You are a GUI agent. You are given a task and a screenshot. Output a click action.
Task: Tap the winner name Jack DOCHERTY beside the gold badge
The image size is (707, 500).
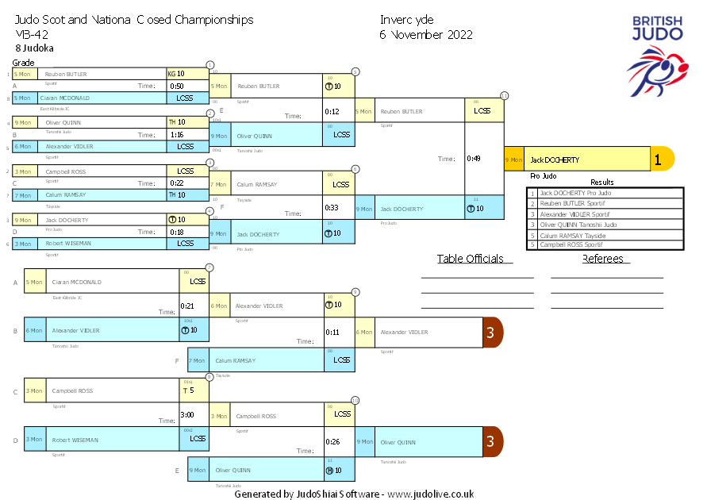point(555,160)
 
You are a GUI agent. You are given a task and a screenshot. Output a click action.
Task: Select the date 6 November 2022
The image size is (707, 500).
point(425,35)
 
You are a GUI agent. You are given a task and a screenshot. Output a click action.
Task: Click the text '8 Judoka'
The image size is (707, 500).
point(34,48)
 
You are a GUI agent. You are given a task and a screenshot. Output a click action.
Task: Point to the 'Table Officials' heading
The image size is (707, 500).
point(470,259)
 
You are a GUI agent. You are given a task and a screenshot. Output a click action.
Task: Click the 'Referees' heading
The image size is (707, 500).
point(606,259)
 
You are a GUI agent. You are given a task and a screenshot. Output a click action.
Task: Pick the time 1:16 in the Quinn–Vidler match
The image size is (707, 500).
point(177,135)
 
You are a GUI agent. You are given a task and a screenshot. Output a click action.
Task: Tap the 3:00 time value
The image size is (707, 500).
point(187,414)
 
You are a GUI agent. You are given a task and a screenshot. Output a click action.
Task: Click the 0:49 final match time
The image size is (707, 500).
point(474,159)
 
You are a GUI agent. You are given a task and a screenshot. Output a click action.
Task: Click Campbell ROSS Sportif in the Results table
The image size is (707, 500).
point(571,245)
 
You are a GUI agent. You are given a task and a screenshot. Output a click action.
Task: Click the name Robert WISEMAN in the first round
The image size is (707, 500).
point(67,244)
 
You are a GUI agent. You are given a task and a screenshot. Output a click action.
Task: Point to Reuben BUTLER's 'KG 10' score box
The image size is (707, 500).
point(176,74)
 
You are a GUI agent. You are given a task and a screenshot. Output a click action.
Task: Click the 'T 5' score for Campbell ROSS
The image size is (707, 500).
point(189,390)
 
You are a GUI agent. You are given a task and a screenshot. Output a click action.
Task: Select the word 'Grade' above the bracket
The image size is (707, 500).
point(23,63)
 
